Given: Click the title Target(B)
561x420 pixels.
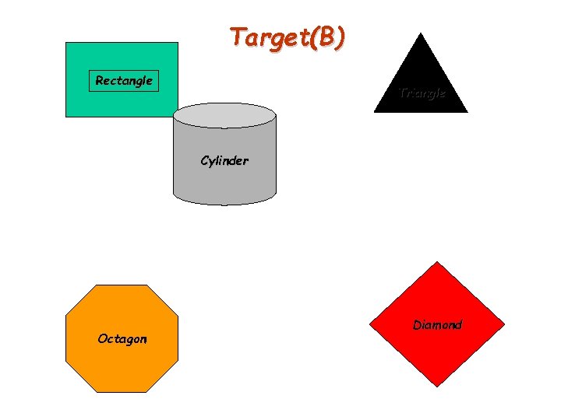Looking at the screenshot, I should pyautogui.click(x=287, y=37).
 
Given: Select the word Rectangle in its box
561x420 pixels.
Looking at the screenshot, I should pyautogui.click(x=124, y=81).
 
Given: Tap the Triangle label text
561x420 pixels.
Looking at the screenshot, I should pyautogui.click(x=422, y=93).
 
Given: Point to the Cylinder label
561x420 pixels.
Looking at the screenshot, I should pyautogui.click(x=224, y=162).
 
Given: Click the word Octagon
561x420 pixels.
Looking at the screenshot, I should pyautogui.click(x=122, y=339).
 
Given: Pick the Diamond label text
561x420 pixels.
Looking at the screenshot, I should pyautogui.click(x=437, y=325).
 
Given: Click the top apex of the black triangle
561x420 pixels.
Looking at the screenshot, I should pyautogui.click(x=421, y=33).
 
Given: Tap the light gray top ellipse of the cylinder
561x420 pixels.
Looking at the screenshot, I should pyautogui.click(x=224, y=116).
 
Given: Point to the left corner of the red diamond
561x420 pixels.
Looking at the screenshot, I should pyautogui.click(x=369, y=324).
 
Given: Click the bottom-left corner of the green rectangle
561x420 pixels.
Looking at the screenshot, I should pyautogui.click(x=65, y=117).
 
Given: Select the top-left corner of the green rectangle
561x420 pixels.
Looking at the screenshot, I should pyautogui.click(x=65, y=43).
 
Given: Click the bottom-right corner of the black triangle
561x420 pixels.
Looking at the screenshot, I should pyautogui.click(x=467, y=113).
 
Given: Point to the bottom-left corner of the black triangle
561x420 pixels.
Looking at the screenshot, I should pyautogui.click(x=374, y=113).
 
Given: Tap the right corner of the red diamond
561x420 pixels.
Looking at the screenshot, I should pyautogui.click(x=504, y=324).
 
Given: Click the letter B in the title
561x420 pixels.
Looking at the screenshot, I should pyautogui.click(x=323, y=37).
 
